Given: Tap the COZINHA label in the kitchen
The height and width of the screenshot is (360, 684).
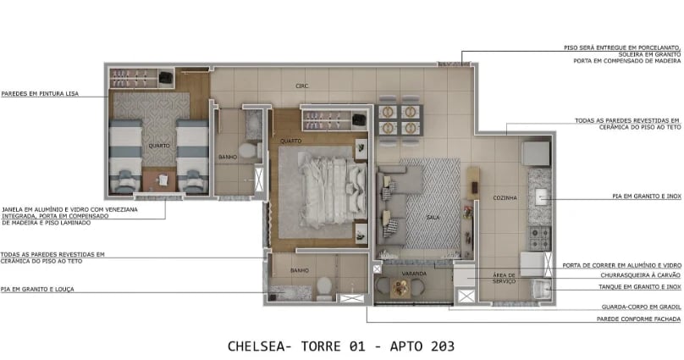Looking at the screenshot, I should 505,197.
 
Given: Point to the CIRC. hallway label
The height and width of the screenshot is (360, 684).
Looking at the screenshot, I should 301,86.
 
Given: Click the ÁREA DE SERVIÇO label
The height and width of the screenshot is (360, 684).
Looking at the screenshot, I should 505,280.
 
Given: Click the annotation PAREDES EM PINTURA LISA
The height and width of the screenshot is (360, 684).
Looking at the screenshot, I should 40,94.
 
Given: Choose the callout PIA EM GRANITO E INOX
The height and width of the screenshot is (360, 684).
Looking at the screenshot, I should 646,197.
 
